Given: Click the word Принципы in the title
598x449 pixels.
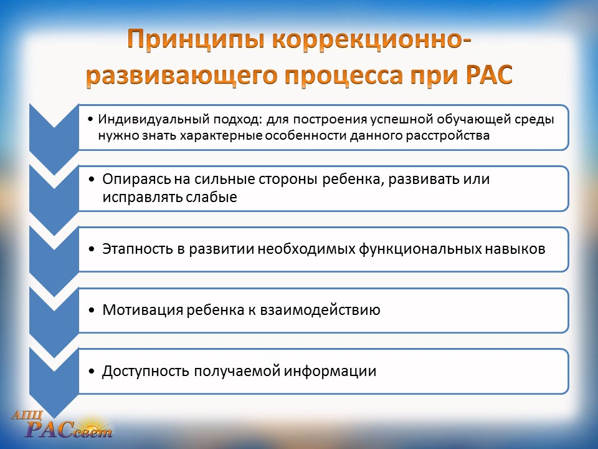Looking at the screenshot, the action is (196, 41).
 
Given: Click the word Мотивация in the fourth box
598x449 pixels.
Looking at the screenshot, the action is (142, 310).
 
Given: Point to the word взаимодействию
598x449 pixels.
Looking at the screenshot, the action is (320, 310).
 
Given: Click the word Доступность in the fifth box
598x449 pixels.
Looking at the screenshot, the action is (146, 372).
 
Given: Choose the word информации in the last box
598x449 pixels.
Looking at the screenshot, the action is (330, 372).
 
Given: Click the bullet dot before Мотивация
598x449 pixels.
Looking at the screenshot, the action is (92, 311).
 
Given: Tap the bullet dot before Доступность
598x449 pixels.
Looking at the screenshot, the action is (92, 372).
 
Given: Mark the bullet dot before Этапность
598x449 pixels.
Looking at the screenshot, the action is (92, 249).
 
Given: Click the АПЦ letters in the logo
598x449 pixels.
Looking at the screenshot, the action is (27, 415).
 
